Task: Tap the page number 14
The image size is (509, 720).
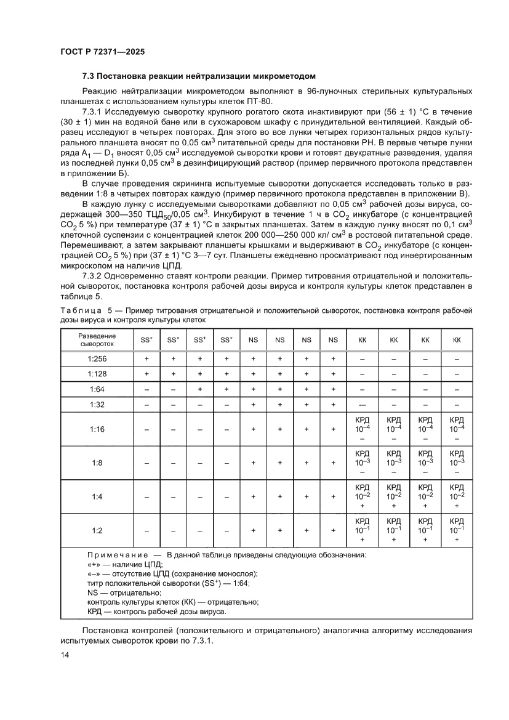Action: (x=65, y=657)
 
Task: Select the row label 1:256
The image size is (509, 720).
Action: (x=97, y=358)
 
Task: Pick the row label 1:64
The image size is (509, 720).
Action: (x=97, y=389)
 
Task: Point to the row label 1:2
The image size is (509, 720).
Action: (x=97, y=530)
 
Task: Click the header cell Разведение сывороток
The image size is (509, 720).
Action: (x=97, y=340)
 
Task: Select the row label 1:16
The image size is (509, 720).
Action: (x=97, y=429)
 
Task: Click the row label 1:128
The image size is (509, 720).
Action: (x=97, y=373)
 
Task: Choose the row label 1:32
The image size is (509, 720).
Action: (x=97, y=405)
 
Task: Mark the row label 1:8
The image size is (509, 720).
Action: (x=97, y=463)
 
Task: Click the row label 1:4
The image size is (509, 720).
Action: (x=97, y=496)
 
